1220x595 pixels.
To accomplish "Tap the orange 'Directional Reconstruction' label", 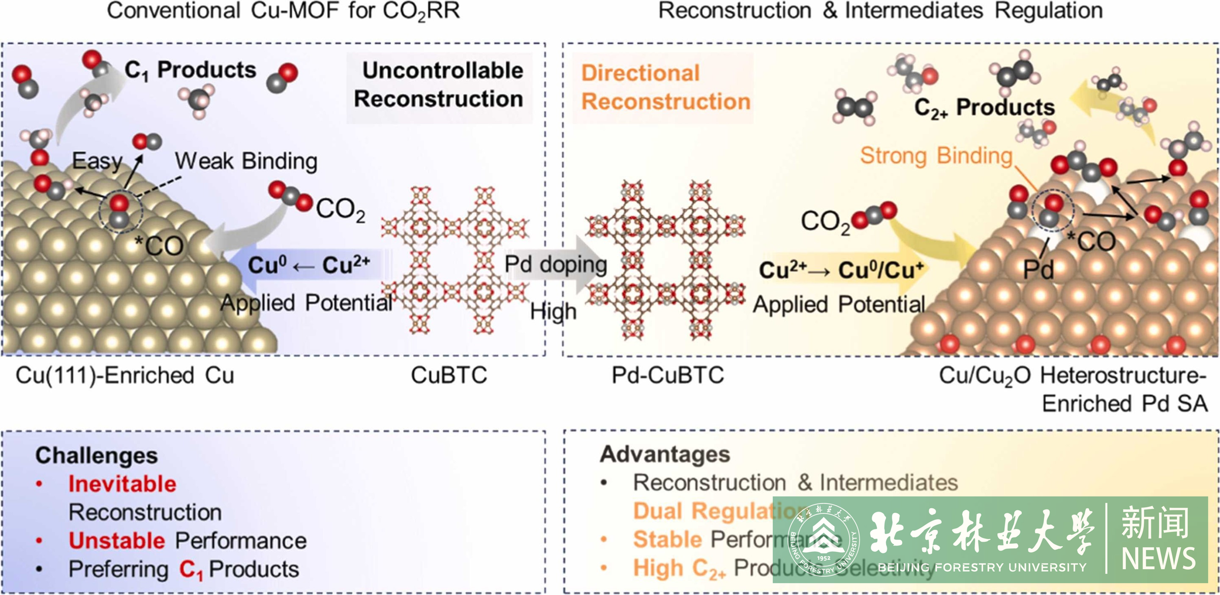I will [665, 87].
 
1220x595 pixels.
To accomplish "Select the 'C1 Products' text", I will [191, 70].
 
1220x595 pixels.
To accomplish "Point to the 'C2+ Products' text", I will [984, 108].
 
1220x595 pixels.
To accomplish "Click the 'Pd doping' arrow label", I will [556, 264].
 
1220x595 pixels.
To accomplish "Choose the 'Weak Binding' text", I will [246, 161].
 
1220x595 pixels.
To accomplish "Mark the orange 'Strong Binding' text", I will [936, 155].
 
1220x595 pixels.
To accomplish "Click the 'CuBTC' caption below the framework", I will [449, 375].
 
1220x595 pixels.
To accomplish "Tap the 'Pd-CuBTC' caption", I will [667, 375].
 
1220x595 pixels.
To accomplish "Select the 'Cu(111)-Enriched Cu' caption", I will [125, 375].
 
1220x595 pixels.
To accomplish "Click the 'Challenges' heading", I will [97, 455].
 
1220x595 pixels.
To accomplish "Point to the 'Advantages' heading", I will [665, 454].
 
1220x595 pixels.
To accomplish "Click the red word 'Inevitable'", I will [122, 484].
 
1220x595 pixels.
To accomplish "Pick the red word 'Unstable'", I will [117, 541].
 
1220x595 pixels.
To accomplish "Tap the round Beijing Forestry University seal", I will [823, 540].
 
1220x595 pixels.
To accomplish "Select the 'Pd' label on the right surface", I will [1038, 269].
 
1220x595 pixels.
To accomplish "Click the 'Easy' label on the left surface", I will [97, 161].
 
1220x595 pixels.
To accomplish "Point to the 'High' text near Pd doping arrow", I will [553, 311].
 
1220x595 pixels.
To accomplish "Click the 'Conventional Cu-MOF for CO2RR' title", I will [283, 11].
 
